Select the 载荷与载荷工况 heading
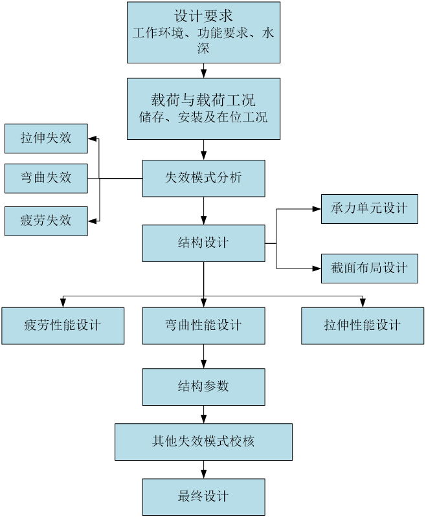pyautogui.click(x=203, y=100)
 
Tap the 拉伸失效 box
pyautogui.click(x=46, y=138)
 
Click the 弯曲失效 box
pyautogui.click(x=46, y=178)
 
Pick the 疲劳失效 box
pyautogui.click(x=46, y=221)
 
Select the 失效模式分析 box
pyautogui.click(x=203, y=178)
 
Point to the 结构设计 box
pyautogui.click(x=203, y=243)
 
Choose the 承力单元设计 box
pyautogui.click(x=370, y=208)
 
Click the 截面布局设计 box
pyautogui.click(x=370, y=268)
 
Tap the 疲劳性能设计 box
pyautogui.click(x=63, y=325)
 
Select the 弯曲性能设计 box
pyautogui.click(x=203, y=325)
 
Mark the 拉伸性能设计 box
pyautogui.click(x=363, y=325)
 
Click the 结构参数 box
pyautogui.click(x=203, y=387)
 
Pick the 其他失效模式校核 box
pyautogui.click(x=203, y=442)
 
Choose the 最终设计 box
pyautogui.click(x=203, y=497)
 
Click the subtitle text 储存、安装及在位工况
pyautogui.click(x=203, y=118)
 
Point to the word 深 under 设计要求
pyautogui.click(x=203, y=49)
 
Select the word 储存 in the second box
pyautogui.click(x=150, y=118)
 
